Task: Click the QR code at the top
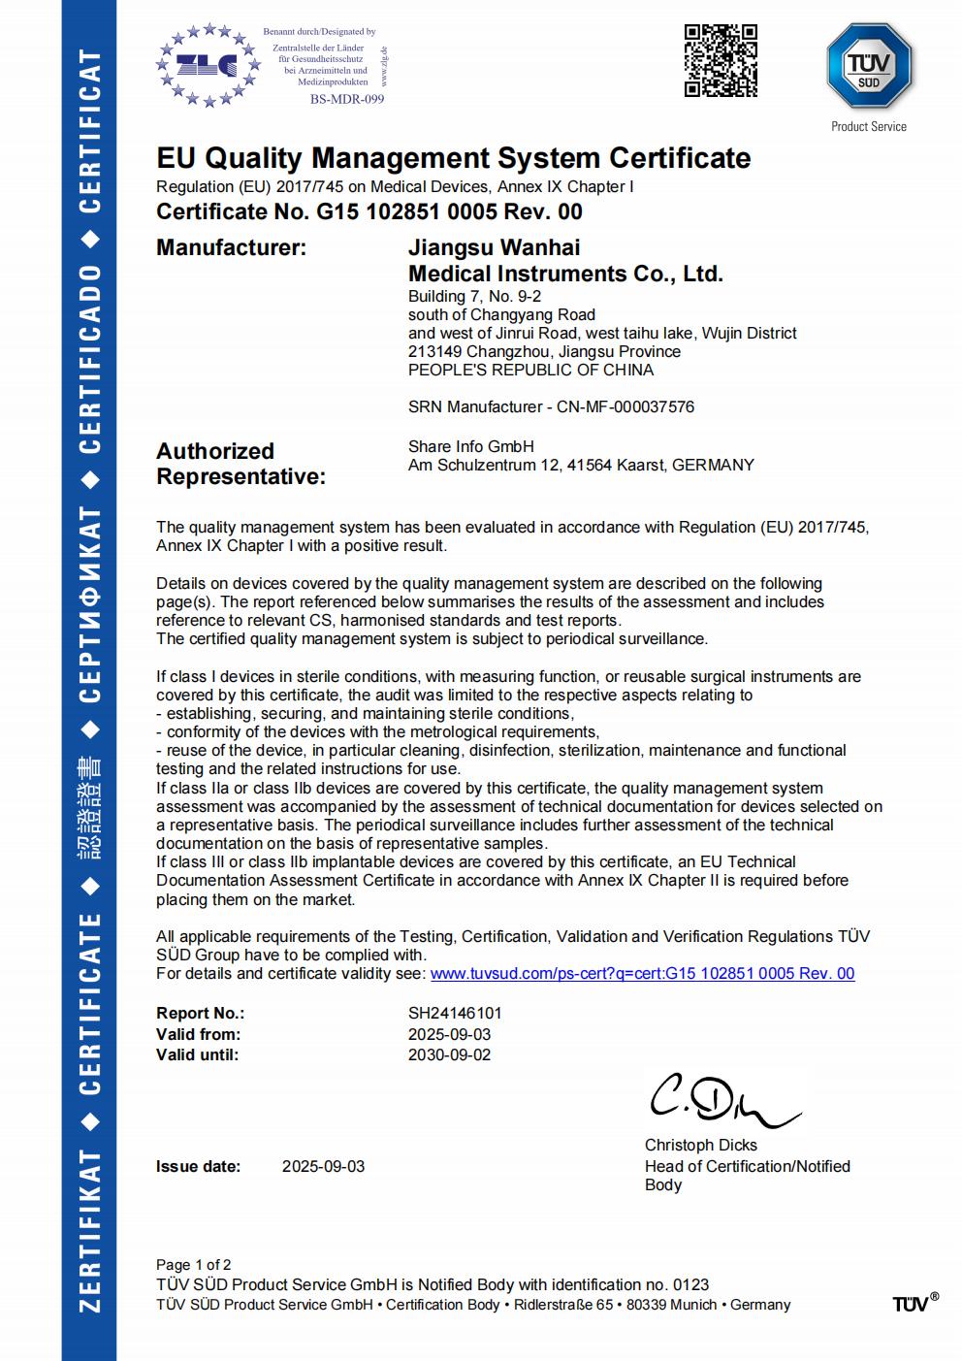721,60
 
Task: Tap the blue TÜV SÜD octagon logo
868,67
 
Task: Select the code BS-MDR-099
347,99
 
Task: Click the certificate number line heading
369,211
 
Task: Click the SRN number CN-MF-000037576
625,406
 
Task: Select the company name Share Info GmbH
470,446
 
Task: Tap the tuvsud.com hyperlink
642,973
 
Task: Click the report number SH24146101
455,1013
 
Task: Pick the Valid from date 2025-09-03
449,1034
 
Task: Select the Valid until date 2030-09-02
449,1054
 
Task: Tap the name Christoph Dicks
700,1146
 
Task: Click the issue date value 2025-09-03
323,1166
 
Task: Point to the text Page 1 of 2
193,1265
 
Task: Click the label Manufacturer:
231,247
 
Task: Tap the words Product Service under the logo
868,126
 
